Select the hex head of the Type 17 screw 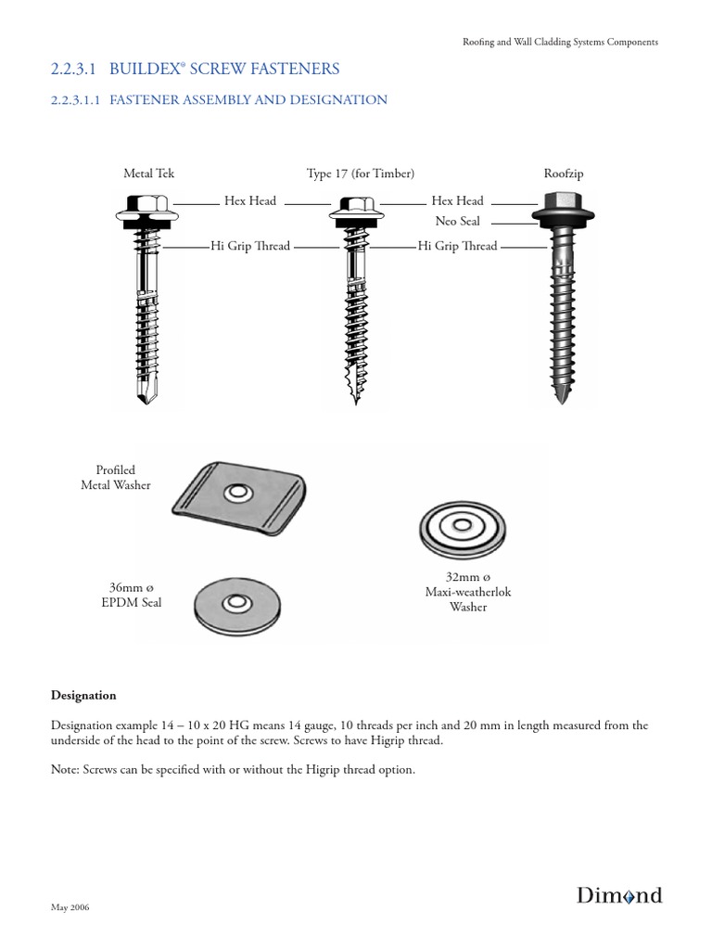tap(354, 204)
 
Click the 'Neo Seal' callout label tap(457, 222)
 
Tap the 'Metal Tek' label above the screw tap(148, 173)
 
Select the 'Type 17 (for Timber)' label tap(360, 173)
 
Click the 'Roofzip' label tap(564, 173)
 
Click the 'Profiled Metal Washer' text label tap(116, 478)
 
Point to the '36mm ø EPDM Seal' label tap(135, 595)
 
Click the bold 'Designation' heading tap(83, 695)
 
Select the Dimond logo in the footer tap(619, 895)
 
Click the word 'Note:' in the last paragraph tap(66, 769)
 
